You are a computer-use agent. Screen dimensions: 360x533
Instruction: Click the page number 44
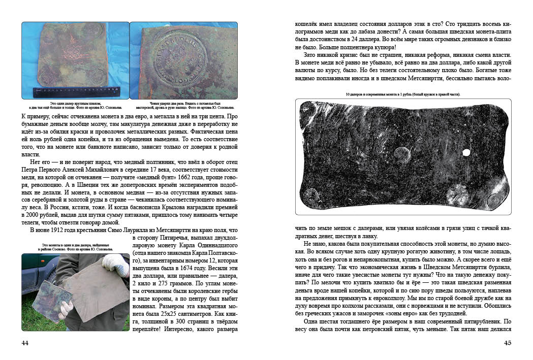(25, 343)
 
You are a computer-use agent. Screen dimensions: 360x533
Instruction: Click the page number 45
(507, 343)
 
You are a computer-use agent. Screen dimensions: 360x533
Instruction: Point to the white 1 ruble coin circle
(465, 152)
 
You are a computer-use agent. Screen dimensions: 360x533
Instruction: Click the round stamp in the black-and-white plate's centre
(402, 153)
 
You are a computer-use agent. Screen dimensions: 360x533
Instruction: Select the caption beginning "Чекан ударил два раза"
(185, 104)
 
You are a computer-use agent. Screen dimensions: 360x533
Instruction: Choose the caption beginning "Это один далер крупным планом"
(75, 104)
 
